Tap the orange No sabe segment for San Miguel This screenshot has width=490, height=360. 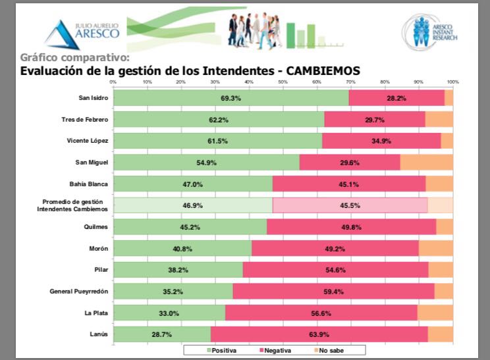(x=426, y=163)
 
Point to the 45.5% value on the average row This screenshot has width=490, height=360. (x=349, y=205)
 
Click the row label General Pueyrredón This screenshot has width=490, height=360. (x=79, y=292)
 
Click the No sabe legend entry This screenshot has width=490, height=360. (x=329, y=350)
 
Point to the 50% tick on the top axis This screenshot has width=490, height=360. (x=283, y=82)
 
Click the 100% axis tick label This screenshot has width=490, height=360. (x=452, y=82)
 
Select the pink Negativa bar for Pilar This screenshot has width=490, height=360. (x=335, y=270)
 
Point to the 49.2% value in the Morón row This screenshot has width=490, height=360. (x=335, y=249)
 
